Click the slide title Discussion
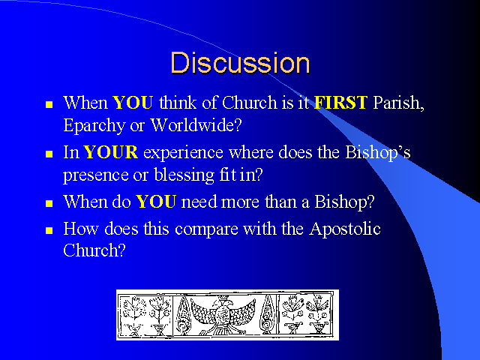pyautogui.click(x=240, y=63)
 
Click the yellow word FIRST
pyautogui.click(x=340, y=102)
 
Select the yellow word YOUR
pyautogui.click(x=110, y=152)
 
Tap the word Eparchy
pyautogui.click(x=94, y=125)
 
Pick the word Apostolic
pyautogui.click(x=345, y=229)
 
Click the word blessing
pyautogui.click(x=184, y=175)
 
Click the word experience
pyautogui.click(x=183, y=153)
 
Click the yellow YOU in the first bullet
pyautogui.click(x=133, y=102)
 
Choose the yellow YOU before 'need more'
pyautogui.click(x=156, y=202)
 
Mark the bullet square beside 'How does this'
pyautogui.click(x=49, y=230)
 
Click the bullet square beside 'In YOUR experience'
pyautogui.click(x=49, y=154)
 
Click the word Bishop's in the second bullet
pyautogui.click(x=378, y=152)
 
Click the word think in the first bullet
pyautogui.click(x=178, y=102)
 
